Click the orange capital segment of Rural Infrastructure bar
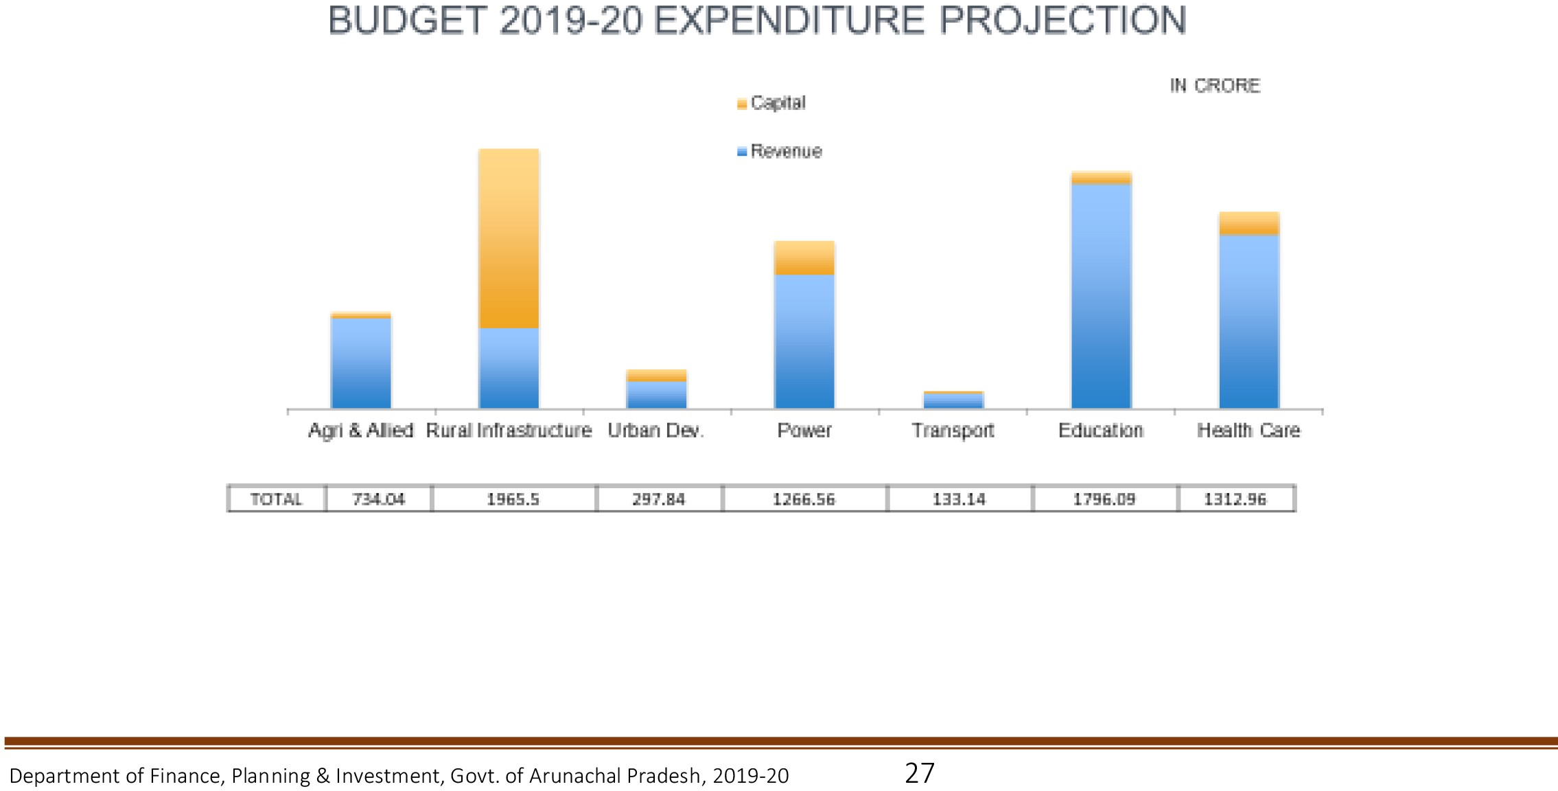coord(509,238)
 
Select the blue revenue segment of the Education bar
coord(1101,296)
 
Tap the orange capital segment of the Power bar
coord(804,257)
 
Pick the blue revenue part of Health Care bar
coord(1248,321)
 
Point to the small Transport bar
coord(953,400)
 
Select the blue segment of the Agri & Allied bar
coord(360,363)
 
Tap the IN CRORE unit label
coord(1215,86)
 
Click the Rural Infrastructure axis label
coord(509,431)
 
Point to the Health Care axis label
coord(1248,431)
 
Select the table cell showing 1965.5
coord(513,499)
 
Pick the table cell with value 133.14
coord(959,499)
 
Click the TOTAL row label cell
coord(276,499)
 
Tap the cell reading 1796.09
coord(1104,499)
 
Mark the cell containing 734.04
coord(378,499)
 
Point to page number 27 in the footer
coord(919,773)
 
